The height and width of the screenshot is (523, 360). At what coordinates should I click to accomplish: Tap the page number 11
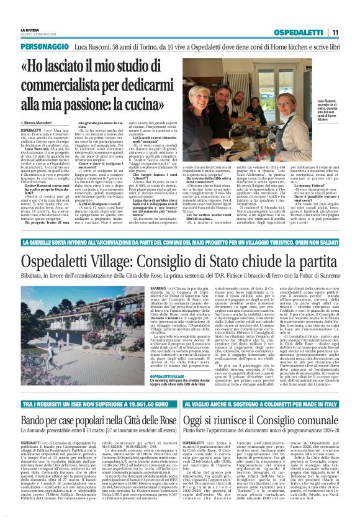pyautogui.click(x=335, y=32)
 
